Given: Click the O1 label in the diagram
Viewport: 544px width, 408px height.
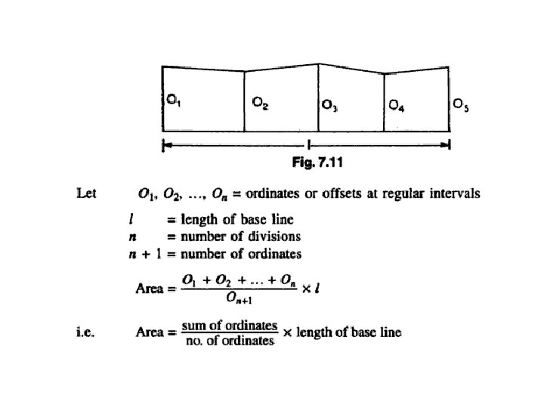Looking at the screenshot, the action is point(174,100).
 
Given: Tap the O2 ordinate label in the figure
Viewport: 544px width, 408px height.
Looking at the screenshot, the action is point(260,103).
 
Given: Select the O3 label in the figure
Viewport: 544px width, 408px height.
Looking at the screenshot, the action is point(329,105).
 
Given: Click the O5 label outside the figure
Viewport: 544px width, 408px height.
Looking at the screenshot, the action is point(461,105).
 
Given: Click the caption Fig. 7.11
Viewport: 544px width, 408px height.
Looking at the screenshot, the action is point(317,162).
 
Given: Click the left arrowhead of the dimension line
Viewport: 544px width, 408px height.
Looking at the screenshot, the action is point(166,144).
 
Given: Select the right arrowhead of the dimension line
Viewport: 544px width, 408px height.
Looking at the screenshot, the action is point(446,144).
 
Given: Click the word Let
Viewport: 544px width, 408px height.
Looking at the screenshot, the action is point(86,193).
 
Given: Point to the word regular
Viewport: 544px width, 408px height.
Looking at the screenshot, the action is point(403,194).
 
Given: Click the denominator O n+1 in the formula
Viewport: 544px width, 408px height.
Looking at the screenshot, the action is point(239,298).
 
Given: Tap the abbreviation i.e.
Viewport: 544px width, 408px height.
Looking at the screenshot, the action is point(85,332).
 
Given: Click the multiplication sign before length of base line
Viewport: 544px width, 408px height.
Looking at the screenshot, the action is point(287,332).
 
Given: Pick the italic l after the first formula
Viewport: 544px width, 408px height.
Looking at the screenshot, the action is point(317,289).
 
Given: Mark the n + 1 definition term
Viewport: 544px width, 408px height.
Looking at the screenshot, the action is point(145,255).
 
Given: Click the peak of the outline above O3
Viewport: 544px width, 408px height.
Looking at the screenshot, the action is point(319,63).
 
